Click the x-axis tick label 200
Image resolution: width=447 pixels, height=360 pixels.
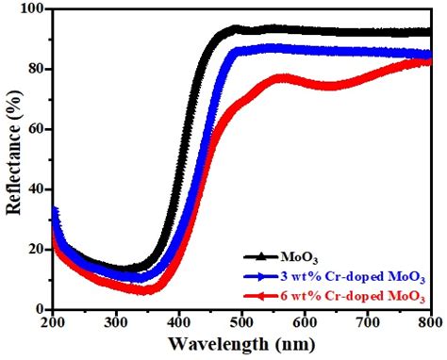tap(53, 321)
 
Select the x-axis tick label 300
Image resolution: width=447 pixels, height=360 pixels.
tap(115, 321)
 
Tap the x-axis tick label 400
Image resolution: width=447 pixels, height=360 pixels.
tap(178, 321)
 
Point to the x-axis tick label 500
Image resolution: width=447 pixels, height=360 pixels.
tap(241, 321)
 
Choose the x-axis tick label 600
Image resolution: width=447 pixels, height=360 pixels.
tap(305, 321)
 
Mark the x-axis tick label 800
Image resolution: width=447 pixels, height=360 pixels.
tap(428, 321)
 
